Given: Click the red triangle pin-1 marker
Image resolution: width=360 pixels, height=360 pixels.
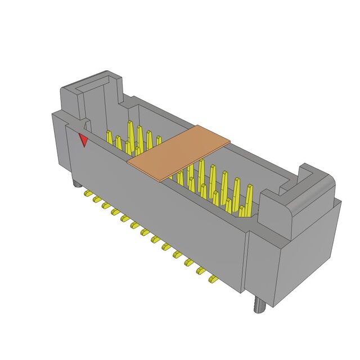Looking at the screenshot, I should click(x=83, y=140).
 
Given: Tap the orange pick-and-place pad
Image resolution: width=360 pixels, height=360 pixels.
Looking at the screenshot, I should click(x=179, y=152).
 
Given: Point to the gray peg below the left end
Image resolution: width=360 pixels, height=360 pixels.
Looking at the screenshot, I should click(x=75, y=184).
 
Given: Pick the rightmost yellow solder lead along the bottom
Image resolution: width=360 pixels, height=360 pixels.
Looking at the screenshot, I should click(x=213, y=279).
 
